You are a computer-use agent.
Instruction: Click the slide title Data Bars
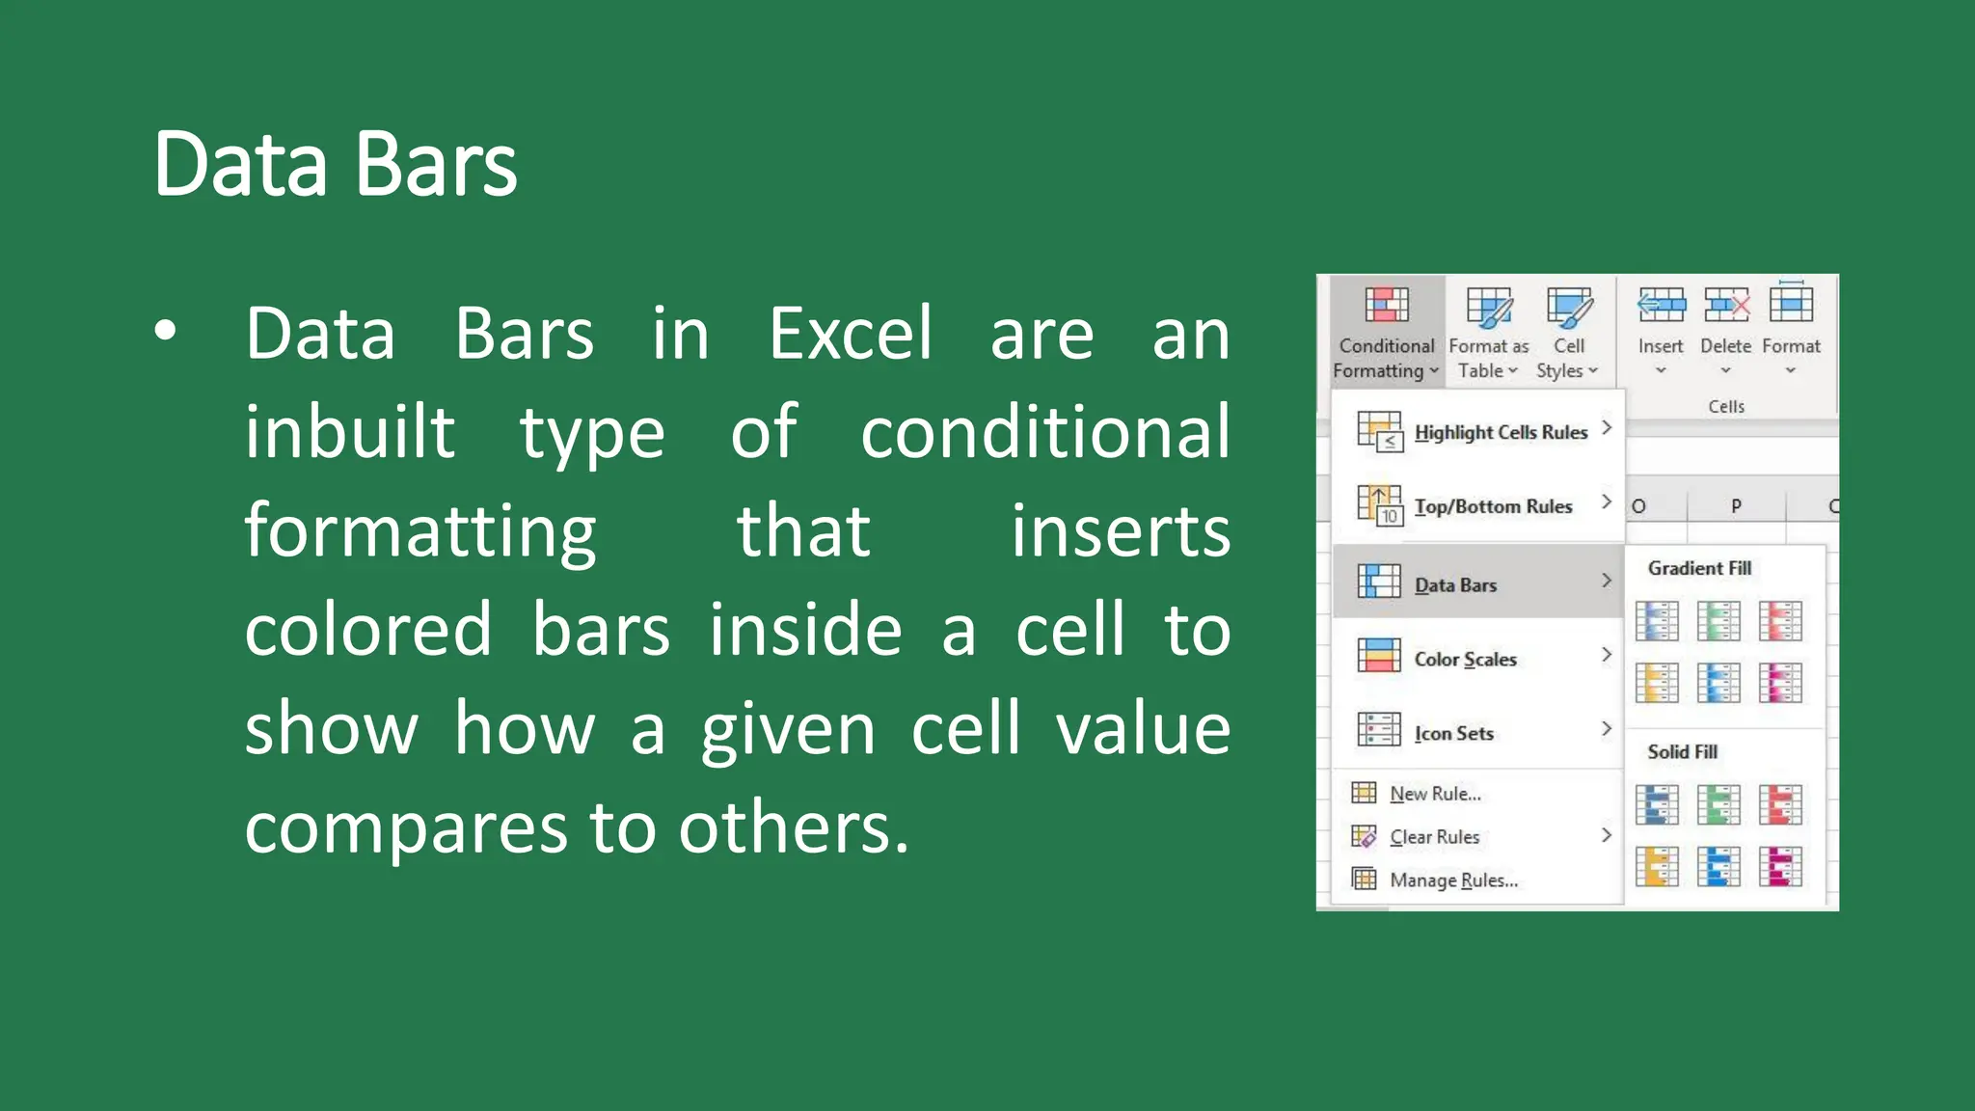point(336,164)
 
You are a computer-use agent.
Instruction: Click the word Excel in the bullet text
point(851,334)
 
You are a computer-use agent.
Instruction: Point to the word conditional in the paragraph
point(1045,432)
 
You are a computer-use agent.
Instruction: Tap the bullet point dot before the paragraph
point(166,331)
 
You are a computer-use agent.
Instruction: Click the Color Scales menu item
point(1466,659)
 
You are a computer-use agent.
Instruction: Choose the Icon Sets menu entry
point(1454,733)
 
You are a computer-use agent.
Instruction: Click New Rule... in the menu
point(1434,794)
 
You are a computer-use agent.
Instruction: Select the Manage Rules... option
point(1452,880)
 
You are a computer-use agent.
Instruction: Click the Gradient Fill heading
point(1699,568)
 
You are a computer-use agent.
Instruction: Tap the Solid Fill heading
point(1682,751)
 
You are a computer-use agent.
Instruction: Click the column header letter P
point(1736,505)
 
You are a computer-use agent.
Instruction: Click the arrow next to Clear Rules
point(1606,835)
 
